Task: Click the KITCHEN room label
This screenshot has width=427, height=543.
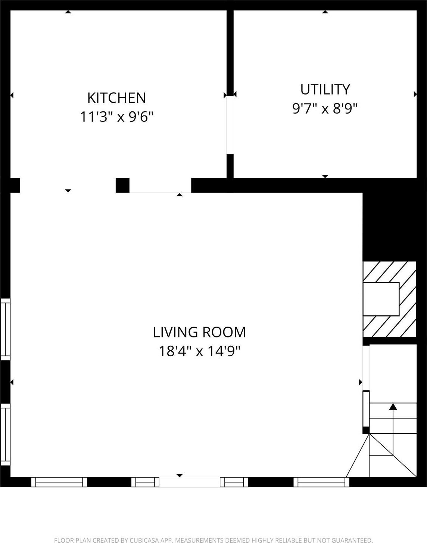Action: click(x=116, y=98)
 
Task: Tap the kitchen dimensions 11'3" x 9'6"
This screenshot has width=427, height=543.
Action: click(x=116, y=117)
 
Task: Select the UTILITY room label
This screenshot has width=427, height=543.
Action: click(x=325, y=90)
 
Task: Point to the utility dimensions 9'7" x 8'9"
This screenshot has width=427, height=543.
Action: click(x=325, y=109)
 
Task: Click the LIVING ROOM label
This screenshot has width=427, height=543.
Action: click(x=199, y=332)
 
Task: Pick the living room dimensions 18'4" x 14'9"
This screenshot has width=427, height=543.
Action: click(x=199, y=351)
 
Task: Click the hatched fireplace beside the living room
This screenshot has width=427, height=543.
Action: click(x=389, y=299)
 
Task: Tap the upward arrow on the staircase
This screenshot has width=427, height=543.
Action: click(x=393, y=407)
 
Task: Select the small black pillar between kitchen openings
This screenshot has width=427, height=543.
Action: click(x=122, y=185)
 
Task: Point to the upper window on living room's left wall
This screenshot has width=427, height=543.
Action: click(x=5, y=329)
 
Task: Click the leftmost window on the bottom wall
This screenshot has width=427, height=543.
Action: click(x=59, y=482)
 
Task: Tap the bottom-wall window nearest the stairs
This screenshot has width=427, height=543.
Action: click(x=321, y=482)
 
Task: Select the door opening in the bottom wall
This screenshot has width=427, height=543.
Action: click(x=190, y=482)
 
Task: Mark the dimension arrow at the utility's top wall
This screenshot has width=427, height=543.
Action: click(x=325, y=12)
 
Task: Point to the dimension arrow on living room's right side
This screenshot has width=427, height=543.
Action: click(x=361, y=382)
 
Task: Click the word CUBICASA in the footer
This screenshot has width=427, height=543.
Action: click(x=144, y=540)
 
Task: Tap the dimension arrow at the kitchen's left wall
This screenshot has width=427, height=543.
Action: click(x=12, y=96)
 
